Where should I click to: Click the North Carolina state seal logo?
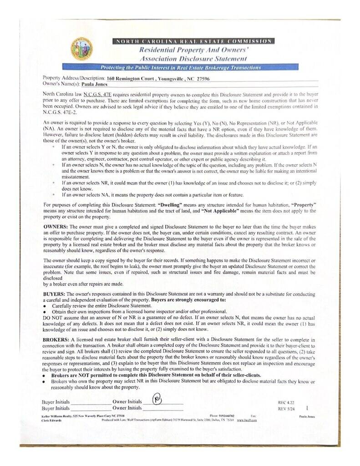81,50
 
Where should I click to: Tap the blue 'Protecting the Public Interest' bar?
180,67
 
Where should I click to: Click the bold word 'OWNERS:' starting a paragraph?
56,226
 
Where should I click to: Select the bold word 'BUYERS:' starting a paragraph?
55,294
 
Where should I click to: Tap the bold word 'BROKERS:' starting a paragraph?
56,340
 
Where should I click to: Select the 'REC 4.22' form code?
286,403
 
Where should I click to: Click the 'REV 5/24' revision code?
286,409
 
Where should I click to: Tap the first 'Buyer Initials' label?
56,402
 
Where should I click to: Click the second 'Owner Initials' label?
127,408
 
